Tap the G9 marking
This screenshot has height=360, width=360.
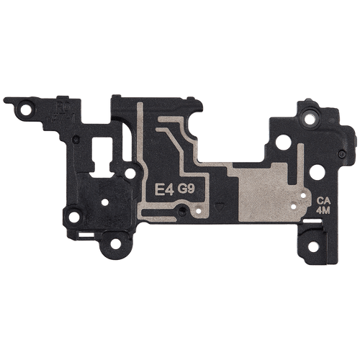tap(186, 189)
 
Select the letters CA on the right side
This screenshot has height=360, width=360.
tap(323, 201)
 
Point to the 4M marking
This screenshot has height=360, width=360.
tap(323, 210)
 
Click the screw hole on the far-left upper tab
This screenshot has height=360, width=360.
tap(26, 110)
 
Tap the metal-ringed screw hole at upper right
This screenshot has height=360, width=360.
tap(310, 118)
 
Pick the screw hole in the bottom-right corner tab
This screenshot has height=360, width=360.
tap(313, 247)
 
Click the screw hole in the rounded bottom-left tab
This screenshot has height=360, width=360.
tap(116, 244)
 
